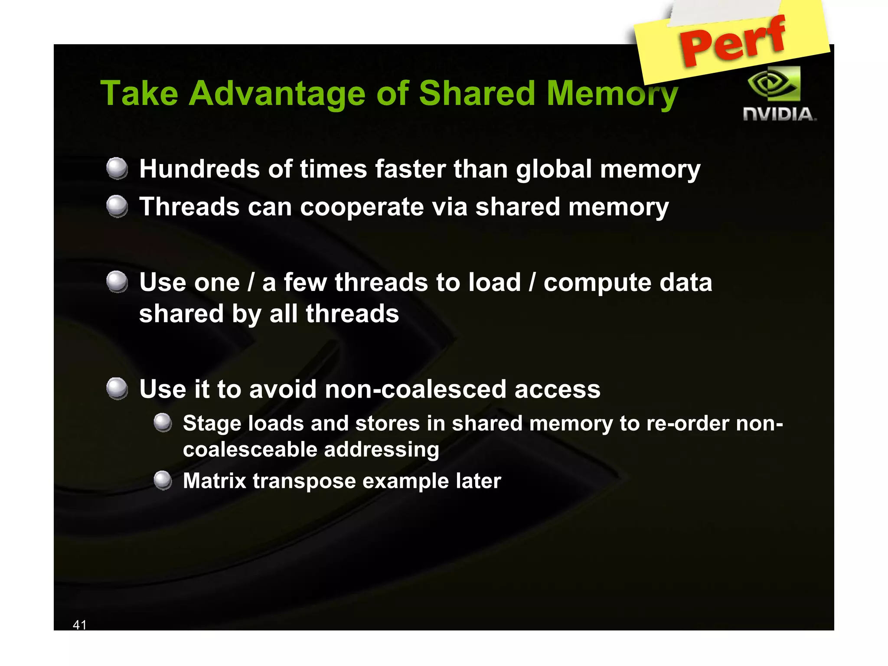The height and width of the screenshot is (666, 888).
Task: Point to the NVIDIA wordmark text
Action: pyautogui.click(x=779, y=114)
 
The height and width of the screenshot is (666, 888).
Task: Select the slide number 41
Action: pyautogui.click(x=80, y=624)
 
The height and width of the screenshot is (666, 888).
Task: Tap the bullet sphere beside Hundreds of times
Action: pyautogui.click(x=117, y=168)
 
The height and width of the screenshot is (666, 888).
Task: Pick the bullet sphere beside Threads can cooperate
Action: pyautogui.click(x=117, y=206)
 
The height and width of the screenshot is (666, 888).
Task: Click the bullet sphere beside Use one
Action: pyautogui.click(x=117, y=282)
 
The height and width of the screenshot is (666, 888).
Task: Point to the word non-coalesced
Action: pyautogui.click(x=415, y=389)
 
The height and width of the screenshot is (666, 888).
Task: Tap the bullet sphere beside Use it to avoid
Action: pyautogui.click(x=117, y=388)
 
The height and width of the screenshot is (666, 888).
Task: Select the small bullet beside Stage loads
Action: pyautogui.click(x=163, y=423)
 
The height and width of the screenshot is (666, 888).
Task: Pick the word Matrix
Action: pyautogui.click(x=214, y=481)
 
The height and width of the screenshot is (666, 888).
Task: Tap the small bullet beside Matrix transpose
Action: pyautogui.click(x=163, y=480)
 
